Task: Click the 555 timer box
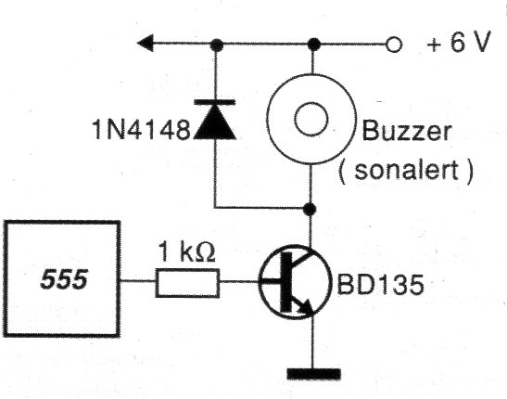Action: tap(64, 278)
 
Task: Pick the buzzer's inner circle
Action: tap(313, 119)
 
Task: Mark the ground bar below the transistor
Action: tap(313, 374)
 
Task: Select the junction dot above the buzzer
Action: tap(313, 44)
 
